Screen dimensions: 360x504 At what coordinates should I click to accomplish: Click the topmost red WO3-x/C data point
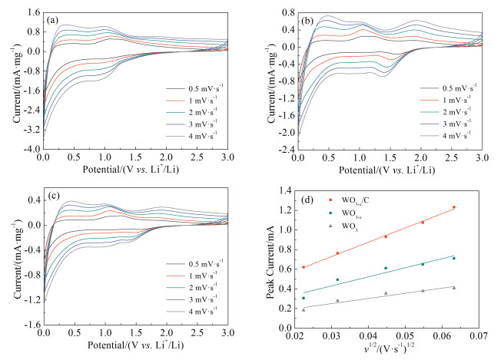tap(476, 207)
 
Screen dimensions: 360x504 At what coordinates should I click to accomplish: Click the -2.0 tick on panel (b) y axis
tap(282, 133)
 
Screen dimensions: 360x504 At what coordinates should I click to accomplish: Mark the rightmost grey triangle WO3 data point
tap(476, 288)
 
